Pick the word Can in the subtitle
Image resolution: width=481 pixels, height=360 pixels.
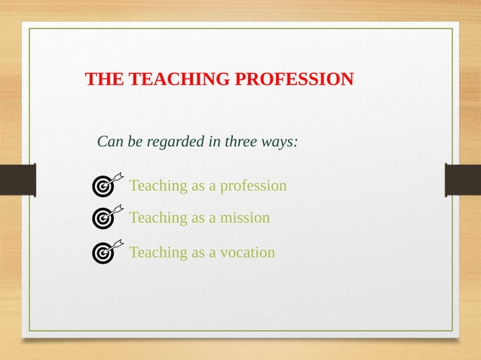pyautogui.click(x=110, y=142)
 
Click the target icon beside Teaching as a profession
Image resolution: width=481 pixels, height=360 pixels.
pyautogui.click(x=103, y=185)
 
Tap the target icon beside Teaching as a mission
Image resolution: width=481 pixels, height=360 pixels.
pyautogui.click(x=103, y=218)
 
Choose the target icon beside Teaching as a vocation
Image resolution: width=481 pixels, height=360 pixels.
pyautogui.click(x=103, y=252)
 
